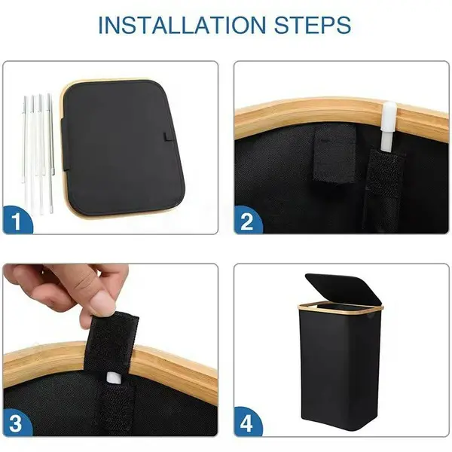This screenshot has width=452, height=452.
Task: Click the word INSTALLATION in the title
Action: pyautogui.click(x=182, y=25)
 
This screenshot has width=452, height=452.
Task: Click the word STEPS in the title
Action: pyautogui.click(x=313, y=25)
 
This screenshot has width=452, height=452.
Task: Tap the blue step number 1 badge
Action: pyautogui.click(x=17, y=220)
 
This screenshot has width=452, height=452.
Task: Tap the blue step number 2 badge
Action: pyautogui.click(x=247, y=220)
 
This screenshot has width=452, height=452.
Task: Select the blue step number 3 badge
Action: pyautogui.click(x=17, y=422)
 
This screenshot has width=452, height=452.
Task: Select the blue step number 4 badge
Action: pyautogui.click(x=247, y=422)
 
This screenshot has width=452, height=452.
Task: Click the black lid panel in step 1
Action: pyautogui.click(x=123, y=148)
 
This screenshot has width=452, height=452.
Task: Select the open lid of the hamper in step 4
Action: pyautogui.click(x=343, y=290)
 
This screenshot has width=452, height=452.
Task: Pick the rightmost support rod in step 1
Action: pyautogui.click(x=51, y=153)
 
